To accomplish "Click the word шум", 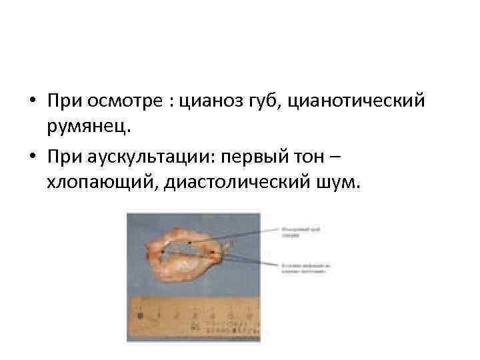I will pos(340,181).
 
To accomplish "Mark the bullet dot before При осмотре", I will pos(32,103).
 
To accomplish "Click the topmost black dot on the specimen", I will pos(190,243).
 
